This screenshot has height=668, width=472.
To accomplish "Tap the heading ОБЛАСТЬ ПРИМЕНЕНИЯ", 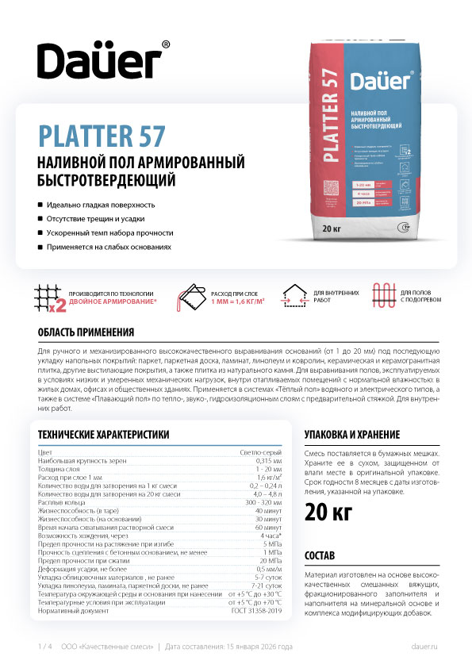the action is pos(75,332).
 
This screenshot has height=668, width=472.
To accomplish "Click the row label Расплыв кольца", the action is pos(61,502).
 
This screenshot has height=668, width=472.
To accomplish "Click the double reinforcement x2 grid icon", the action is pos(49,298).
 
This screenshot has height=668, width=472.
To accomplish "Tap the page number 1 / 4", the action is pos(44,647).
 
